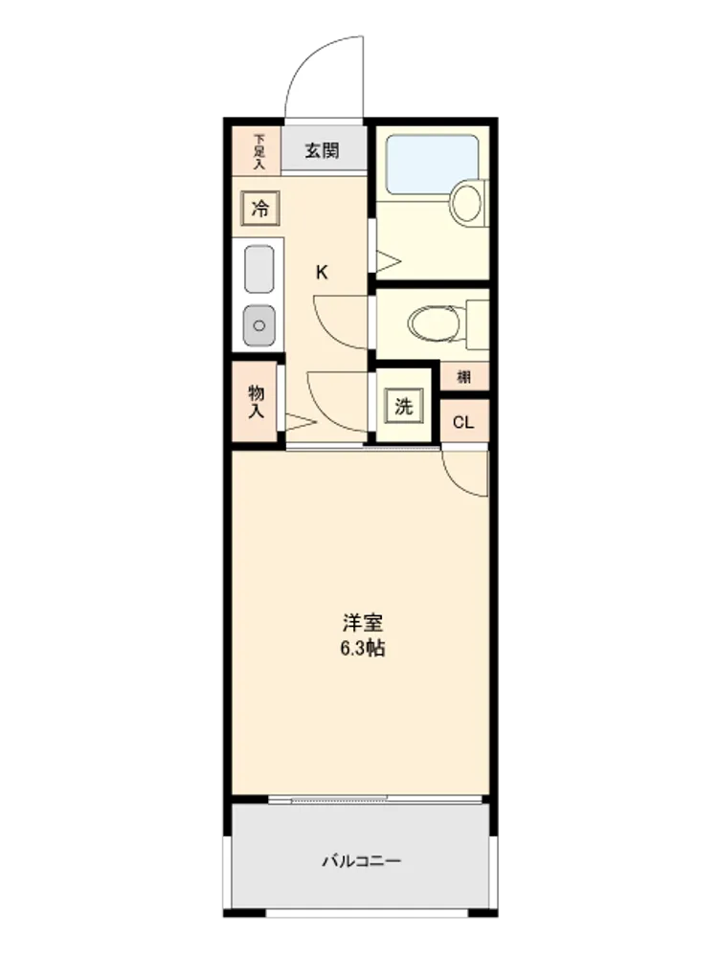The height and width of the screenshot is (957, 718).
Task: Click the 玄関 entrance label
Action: pos(322,150)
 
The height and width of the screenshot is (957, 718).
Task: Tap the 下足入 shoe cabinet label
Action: pos(259,151)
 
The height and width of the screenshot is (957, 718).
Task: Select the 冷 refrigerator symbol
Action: pos(260,208)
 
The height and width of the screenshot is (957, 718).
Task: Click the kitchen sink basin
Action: pos(258,269)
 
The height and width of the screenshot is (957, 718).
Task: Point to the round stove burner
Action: pos(258,325)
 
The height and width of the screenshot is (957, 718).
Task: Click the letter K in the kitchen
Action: pos(322,272)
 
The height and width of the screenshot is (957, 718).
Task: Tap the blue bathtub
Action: pos(433,165)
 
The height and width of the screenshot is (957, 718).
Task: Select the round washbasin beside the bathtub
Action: pos(466,202)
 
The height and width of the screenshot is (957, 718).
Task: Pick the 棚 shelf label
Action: pos(464,376)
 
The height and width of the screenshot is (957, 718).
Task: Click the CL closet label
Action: pos(463,422)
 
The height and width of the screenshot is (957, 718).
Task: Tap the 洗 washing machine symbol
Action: pos(404,406)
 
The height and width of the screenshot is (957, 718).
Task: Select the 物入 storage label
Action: pos(256,402)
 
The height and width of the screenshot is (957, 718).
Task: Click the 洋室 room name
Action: pos(363,623)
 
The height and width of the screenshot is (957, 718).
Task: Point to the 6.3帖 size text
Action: pos(363,648)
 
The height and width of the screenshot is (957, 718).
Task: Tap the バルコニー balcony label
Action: pos(362,861)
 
